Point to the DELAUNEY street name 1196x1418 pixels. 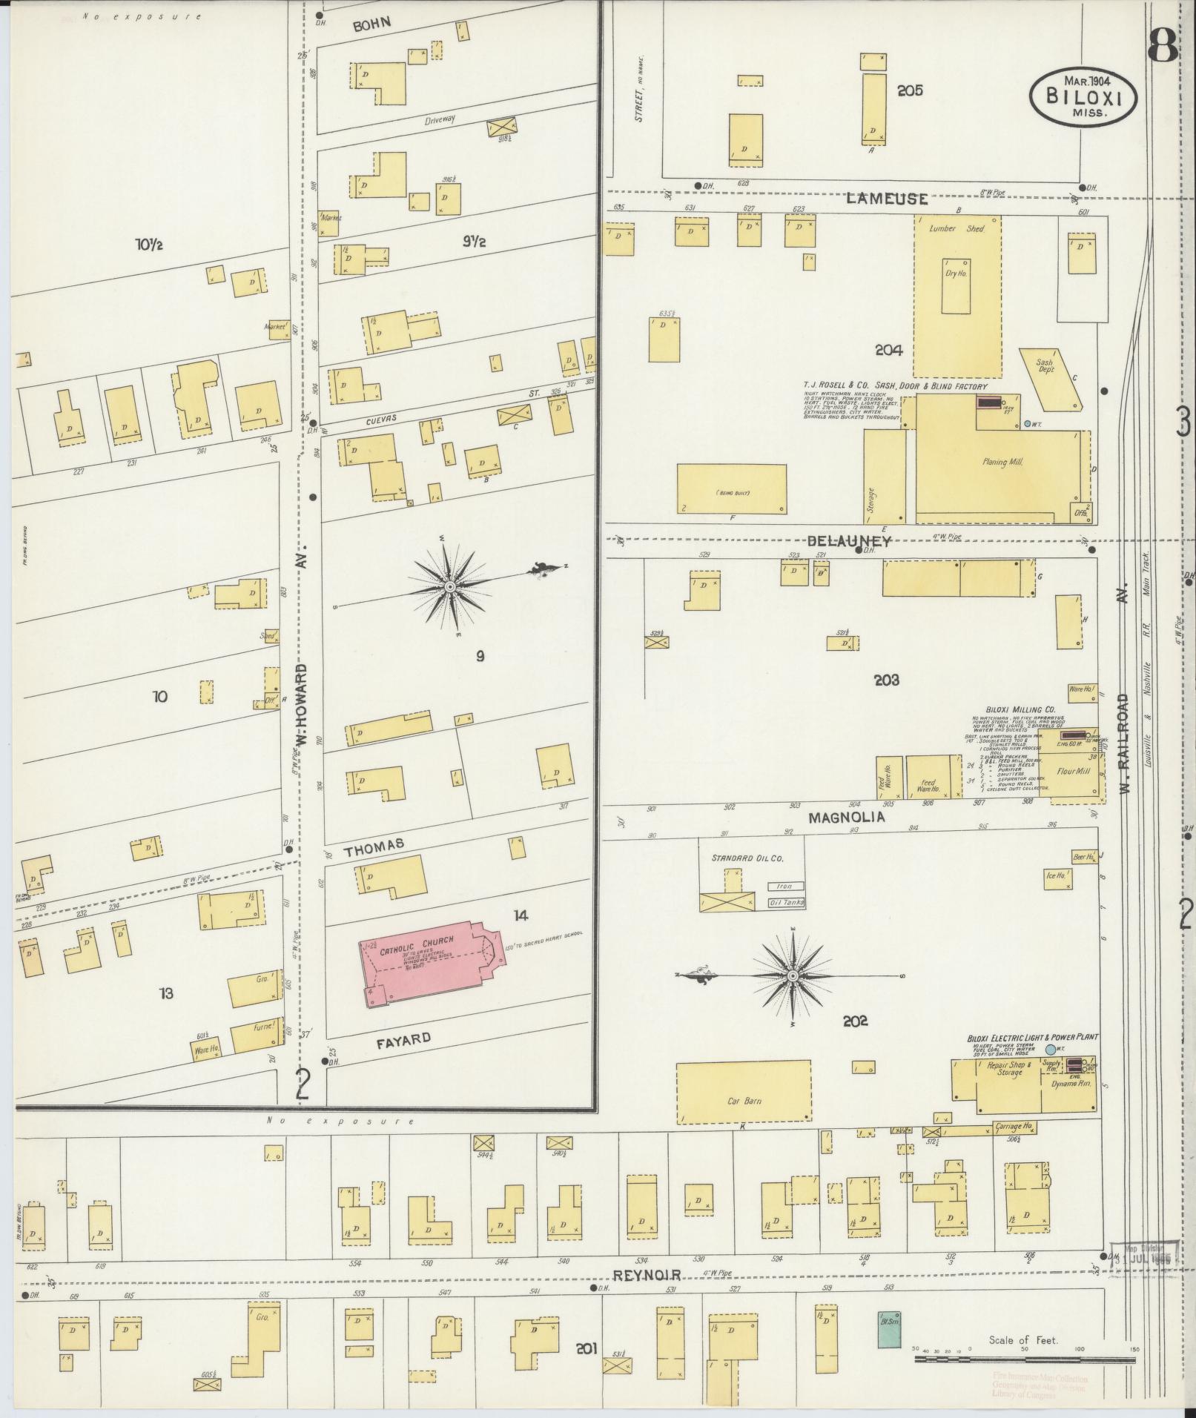pos(849,541)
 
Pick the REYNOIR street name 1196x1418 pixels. pos(647,1274)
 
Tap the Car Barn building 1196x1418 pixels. pos(743,1100)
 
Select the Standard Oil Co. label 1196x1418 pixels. pos(747,858)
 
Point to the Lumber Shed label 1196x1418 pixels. pos(957,229)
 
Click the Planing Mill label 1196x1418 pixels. pos(1002,462)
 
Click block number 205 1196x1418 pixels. pos(910,90)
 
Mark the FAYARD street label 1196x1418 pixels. pos(403,1039)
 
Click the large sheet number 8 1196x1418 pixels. pos(1162,46)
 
